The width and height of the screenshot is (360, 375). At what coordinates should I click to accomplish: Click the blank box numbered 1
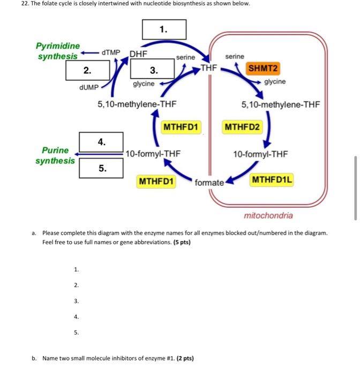click(x=164, y=29)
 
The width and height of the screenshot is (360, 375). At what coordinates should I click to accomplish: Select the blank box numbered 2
click(x=88, y=70)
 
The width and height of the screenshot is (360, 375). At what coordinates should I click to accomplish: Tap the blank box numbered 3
click(x=153, y=70)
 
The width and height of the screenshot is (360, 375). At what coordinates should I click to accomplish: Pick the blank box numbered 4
click(x=101, y=142)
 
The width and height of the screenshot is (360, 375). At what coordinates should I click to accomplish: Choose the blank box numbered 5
click(x=101, y=168)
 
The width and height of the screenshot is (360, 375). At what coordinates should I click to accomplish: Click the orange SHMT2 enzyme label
click(x=264, y=69)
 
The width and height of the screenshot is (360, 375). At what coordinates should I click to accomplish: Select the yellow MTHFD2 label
click(x=242, y=127)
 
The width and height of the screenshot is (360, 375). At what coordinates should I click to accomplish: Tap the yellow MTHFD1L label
click(x=272, y=179)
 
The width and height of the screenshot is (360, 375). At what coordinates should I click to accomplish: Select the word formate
click(x=209, y=183)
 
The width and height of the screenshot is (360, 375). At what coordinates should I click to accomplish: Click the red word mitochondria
click(x=268, y=215)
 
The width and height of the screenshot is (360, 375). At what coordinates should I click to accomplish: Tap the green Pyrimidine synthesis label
click(x=57, y=51)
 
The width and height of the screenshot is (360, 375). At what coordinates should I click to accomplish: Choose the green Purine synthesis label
click(x=55, y=155)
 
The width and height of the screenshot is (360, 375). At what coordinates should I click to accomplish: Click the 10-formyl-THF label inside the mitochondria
click(x=260, y=154)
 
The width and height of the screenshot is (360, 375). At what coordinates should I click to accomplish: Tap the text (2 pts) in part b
click(x=183, y=358)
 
